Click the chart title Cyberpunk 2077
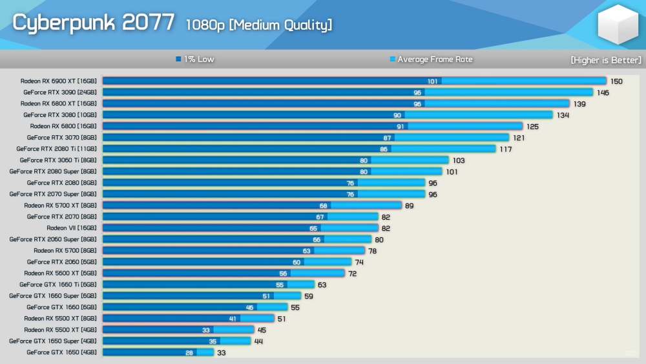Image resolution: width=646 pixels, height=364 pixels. click(x=94, y=23)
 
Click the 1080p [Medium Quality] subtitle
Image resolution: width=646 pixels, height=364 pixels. click(x=259, y=25)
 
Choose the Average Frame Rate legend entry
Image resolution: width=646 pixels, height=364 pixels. click(x=431, y=59)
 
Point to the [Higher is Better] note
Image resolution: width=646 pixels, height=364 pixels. click(x=605, y=60)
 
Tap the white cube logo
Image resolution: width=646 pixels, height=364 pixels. click(x=618, y=25)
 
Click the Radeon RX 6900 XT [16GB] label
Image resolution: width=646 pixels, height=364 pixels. click(x=58, y=81)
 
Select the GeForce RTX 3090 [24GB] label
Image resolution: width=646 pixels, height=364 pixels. click(x=59, y=92)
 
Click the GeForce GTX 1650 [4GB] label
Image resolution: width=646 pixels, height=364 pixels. click(x=61, y=352)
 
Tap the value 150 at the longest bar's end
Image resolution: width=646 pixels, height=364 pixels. click(x=617, y=81)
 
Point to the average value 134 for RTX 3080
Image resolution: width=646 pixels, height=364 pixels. click(x=563, y=115)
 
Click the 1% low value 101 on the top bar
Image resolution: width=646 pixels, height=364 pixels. click(x=433, y=81)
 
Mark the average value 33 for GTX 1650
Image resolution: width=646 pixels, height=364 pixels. click(x=222, y=352)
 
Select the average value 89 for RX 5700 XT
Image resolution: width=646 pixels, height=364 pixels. click(x=409, y=206)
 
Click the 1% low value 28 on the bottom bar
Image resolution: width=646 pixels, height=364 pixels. click(x=189, y=352)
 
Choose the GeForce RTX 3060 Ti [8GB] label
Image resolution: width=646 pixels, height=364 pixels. click(x=57, y=160)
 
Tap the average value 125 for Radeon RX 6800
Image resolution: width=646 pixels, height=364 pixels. click(x=533, y=127)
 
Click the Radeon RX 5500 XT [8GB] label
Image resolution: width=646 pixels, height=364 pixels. click(x=60, y=318)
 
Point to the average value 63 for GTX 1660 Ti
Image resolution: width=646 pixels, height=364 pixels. click(x=322, y=284)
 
